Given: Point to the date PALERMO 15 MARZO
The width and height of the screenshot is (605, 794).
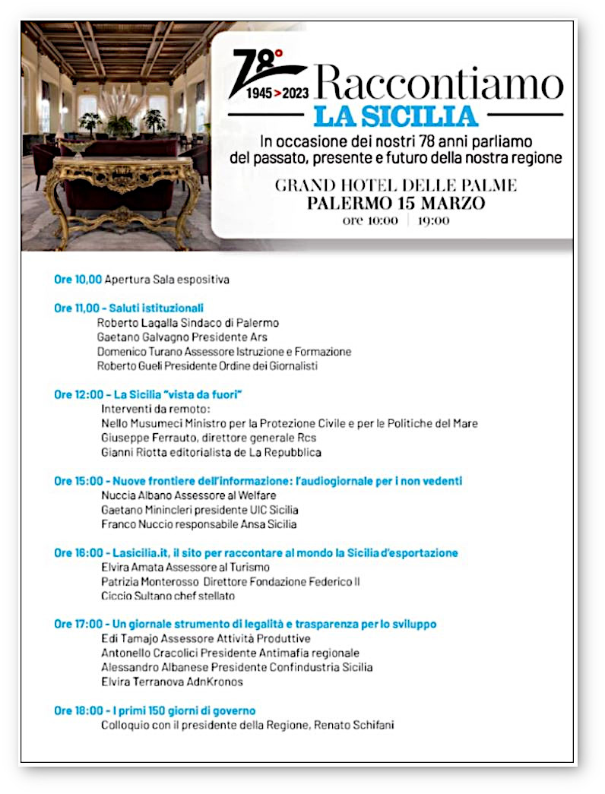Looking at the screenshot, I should (x=397, y=204).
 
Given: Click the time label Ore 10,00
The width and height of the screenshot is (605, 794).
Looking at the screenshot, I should (x=78, y=280).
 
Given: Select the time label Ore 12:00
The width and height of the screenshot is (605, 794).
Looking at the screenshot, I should (x=78, y=394).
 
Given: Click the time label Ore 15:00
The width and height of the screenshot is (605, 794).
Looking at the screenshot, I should (x=78, y=481).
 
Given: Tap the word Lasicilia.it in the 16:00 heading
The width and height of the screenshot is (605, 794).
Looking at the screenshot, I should (x=141, y=553).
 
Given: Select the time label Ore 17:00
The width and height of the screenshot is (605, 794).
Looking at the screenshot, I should (x=78, y=625).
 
